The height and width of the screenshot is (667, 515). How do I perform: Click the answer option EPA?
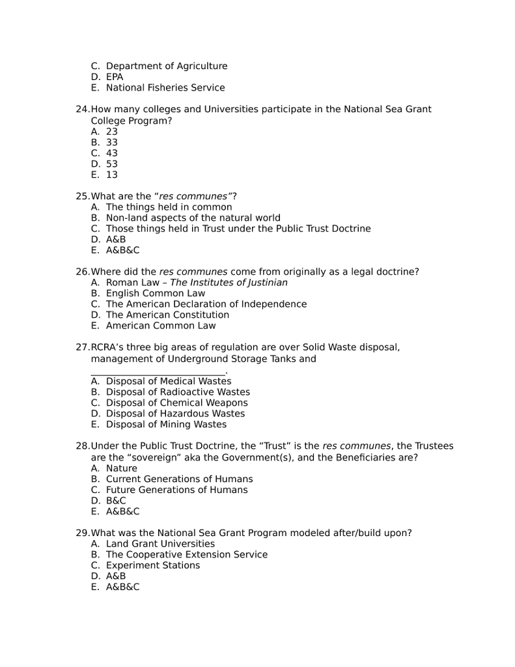pos(115,77)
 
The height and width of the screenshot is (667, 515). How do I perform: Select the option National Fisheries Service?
pos(165,88)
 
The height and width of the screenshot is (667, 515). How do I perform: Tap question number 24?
pos(83,109)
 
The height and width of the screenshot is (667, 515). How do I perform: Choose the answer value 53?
pos(112,164)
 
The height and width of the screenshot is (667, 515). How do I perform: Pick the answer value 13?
pos(112,175)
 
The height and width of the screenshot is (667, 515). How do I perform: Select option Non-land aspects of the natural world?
pos(193,218)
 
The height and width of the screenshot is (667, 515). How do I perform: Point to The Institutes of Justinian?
pos(229,283)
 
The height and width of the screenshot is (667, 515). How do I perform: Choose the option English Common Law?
pos(155,294)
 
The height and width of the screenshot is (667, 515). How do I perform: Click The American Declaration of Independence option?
pos(206,304)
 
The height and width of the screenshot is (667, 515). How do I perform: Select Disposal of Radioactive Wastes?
pos(178,392)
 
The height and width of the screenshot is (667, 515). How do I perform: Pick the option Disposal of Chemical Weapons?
pos(176,403)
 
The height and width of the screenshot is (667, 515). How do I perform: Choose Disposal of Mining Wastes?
pos(166,425)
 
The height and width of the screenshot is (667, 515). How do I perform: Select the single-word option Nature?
pos(122,468)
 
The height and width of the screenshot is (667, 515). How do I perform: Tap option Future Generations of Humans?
pos(176,490)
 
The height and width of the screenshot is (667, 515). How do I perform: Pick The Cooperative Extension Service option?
pos(186,555)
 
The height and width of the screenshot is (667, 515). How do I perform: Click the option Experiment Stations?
pos(153,565)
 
